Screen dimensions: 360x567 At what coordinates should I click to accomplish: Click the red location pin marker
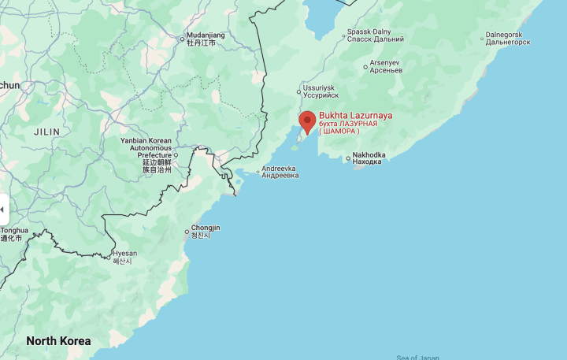point(307,121)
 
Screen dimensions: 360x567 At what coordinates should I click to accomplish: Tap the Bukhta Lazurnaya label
point(355,116)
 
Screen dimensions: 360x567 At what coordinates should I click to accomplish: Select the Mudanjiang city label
point(206,36)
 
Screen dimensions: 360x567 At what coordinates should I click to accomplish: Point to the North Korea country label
point(58,341)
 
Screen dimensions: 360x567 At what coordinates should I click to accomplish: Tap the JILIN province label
point(46,132)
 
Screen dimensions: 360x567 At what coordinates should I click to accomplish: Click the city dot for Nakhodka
point(348,158)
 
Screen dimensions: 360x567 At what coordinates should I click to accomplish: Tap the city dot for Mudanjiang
point(182,38)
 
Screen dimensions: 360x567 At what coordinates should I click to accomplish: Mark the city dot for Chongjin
point(187,232)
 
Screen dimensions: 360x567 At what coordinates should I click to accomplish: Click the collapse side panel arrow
point(3,210)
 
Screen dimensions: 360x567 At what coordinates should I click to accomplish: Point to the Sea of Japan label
point(417,358)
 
